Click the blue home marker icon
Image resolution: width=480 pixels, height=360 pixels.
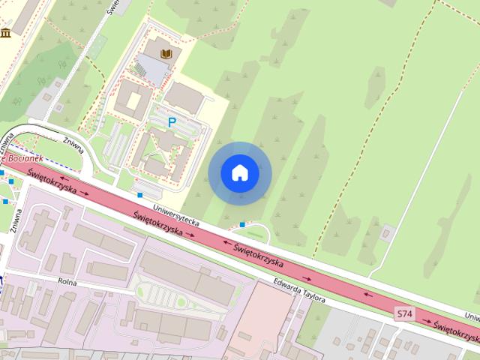pyautogui.click(x=240, y=173)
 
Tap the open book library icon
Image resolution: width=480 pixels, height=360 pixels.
pyautogui.click(x=166, y=54)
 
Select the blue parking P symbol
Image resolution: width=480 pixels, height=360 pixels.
pyautogui.click(x=172, y=121)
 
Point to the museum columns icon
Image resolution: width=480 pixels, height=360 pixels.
pyautogui.click(x=6, y=32)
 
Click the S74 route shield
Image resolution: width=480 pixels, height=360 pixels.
pyautogui.click(x=404, y=313)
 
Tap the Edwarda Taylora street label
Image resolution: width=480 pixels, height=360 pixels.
pyautogui.click(x=299, y=292)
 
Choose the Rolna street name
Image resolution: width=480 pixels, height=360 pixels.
pyautogui.click(x=67, y=282)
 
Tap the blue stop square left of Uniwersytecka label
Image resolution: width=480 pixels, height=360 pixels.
pyautogui.click(x=140, y=195)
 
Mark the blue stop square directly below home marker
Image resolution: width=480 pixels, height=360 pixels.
pyautogui.click(x=242, y=224)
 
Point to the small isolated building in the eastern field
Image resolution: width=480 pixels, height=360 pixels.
pyautogui.click(x=387, y=232)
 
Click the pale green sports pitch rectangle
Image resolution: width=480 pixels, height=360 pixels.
pyautogui.click(x=98, y=46)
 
